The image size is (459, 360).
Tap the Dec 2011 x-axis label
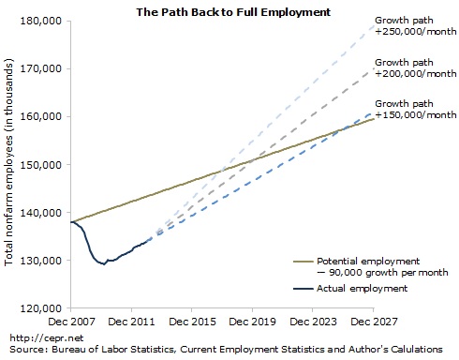tap(132, 321)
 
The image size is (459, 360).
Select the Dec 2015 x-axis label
tap(192, 321)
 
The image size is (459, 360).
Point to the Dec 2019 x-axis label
tap(252, 321)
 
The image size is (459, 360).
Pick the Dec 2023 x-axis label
tap(313, 321)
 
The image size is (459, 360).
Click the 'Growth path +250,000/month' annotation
tap(413, 25)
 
